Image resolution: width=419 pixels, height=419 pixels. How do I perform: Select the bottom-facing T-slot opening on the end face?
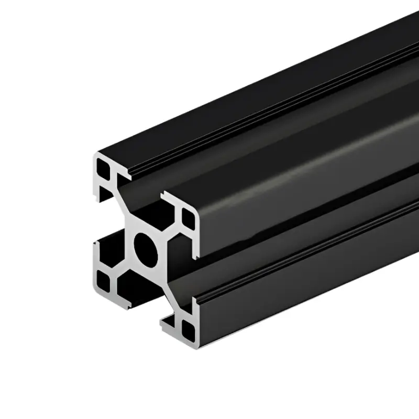(x=141, y=304)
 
